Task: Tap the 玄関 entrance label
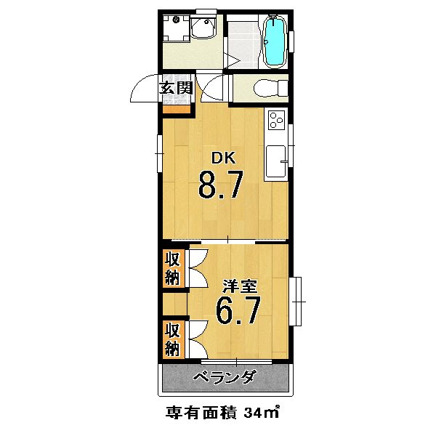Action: click(176, 89)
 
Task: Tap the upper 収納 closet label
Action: click(172, 267)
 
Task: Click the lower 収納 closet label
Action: click(172, 339)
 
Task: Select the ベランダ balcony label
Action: click(225, 377)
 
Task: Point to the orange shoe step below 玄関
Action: click(176, 110)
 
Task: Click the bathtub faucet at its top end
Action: click(275, 18)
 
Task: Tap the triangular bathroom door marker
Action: click(232, 60)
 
